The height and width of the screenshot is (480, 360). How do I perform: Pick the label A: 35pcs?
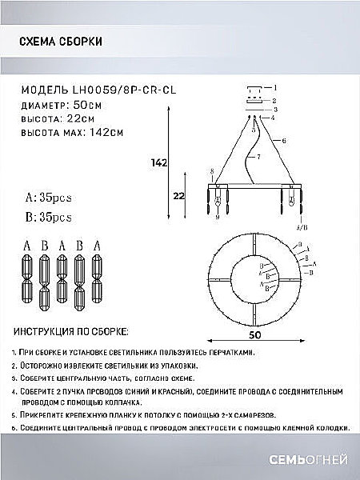tap(49, 194)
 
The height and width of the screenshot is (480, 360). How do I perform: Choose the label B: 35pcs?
tap(49, 216)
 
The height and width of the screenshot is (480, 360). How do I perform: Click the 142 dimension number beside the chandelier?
tap(158, 164)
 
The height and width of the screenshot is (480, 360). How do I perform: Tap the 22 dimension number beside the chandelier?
tap(179, 195)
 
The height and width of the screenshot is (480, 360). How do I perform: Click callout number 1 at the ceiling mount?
tap(274, 87)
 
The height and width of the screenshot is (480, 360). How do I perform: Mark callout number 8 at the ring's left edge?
tap(211, 171)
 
